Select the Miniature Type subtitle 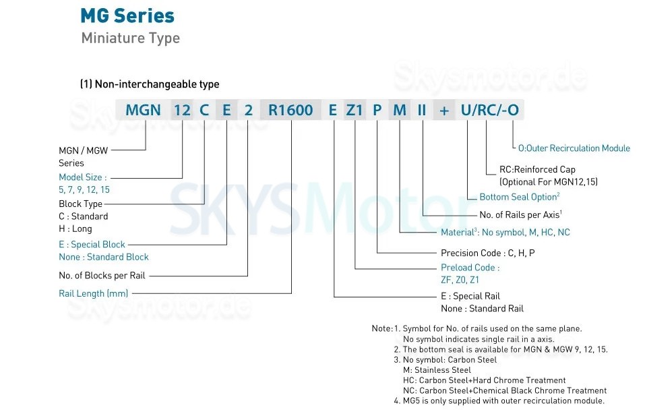coord(130,38)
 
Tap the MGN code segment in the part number coord(143,110)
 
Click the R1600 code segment coord(290,110)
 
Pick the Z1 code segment coord(355,110)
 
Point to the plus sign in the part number coord(444,110)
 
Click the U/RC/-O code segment coord(489,110)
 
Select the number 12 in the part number coord(183,110)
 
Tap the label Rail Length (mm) coord(93,293)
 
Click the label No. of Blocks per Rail coord(102,275)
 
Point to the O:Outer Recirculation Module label coord(574,148)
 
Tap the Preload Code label coord(470,268)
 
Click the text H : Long coord(75,229)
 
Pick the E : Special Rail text coord(470,296)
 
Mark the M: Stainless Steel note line coord(437,370)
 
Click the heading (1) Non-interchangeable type coord(149,84)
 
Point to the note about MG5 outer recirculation coord(499,401)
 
